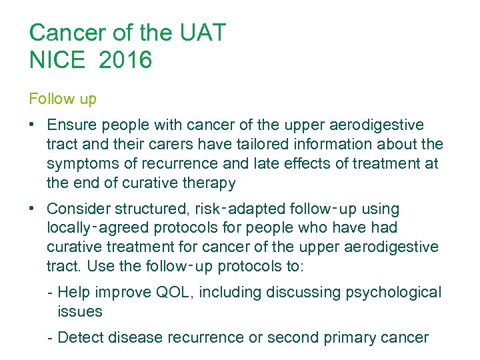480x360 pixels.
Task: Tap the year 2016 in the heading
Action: coord(125,61)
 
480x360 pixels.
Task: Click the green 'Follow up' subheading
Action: coord(63,99)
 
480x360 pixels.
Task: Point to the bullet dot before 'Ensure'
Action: coord(33,125)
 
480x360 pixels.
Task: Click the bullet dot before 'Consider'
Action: coord(33,208)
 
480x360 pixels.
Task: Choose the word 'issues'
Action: coord(80,311)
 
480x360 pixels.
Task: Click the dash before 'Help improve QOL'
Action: coord(51,292)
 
